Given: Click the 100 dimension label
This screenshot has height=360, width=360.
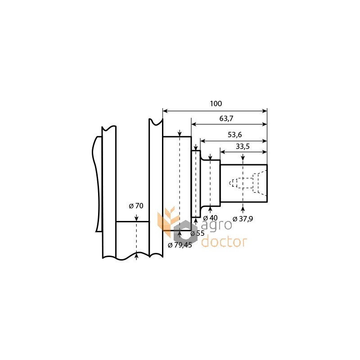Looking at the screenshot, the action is point(216,103).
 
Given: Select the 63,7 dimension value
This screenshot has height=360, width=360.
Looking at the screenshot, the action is point(226,118).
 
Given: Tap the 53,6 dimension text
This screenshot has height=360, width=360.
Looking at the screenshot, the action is point(234,135).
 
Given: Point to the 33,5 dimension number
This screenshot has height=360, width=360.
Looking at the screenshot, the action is point(243,146).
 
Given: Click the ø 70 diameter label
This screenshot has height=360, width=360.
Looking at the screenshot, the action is point(136,206).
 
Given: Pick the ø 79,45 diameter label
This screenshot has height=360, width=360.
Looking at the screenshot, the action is point(180,245).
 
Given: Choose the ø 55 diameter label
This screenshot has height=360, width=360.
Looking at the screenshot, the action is point(198,233).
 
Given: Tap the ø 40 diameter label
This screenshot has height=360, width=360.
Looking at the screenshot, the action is point(210,218).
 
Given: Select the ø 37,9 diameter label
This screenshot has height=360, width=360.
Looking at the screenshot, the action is point(243,219).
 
